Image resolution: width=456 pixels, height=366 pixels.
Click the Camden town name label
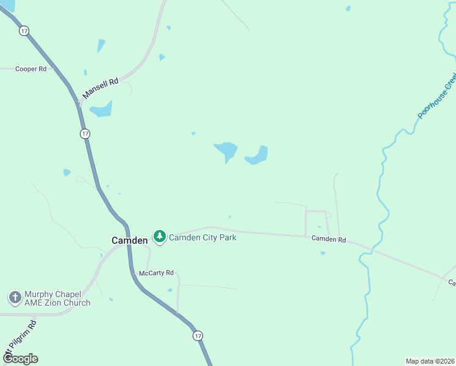tap(129, 240)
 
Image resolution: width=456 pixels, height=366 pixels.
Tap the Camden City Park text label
tap(202, 237)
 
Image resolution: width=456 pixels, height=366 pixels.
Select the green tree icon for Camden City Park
tap(160, 236)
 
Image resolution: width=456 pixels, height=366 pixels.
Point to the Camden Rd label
tap(329, 240)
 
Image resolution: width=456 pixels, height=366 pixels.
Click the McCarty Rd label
tap(157, 273)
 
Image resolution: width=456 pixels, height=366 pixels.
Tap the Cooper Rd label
tap(31, 69)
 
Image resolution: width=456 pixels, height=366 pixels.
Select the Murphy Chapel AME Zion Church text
tap(57, 298)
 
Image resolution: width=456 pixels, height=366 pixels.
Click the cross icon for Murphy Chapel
tap(15, 298)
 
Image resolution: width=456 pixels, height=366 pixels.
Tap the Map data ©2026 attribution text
tap(430, 361)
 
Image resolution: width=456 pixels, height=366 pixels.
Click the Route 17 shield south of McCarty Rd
tap(198, 336)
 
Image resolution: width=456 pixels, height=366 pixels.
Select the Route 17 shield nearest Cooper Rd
tap(24, 30)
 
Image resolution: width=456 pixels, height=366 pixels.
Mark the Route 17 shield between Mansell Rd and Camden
tap(85, 133)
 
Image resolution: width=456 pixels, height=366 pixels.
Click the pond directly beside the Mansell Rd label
tap(101, 110)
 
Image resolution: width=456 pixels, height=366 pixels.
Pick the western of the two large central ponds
tap(226, 150)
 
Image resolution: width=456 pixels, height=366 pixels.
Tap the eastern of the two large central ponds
tap(258, 156)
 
